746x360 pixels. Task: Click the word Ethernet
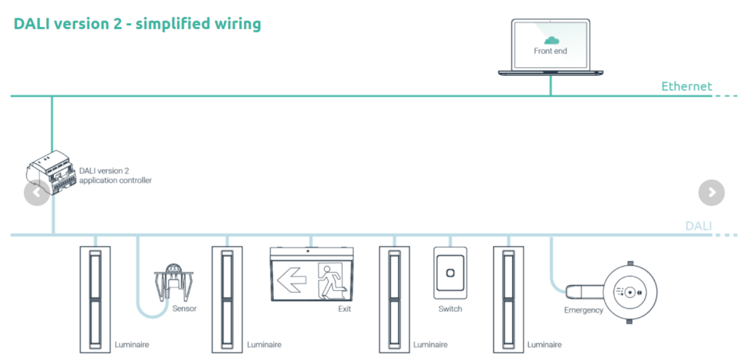click(686, 87)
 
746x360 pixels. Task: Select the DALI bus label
click(698, 226)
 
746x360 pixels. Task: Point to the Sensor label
click(184, 308)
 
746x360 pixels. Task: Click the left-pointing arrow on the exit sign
click(293, 278)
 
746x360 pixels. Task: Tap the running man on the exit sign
click(332, 278)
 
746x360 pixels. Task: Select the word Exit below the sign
click(345, 309)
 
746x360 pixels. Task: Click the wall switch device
click(449, 273)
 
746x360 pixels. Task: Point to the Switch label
click(449, 309)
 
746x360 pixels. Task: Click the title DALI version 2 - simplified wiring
click(137, 24)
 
